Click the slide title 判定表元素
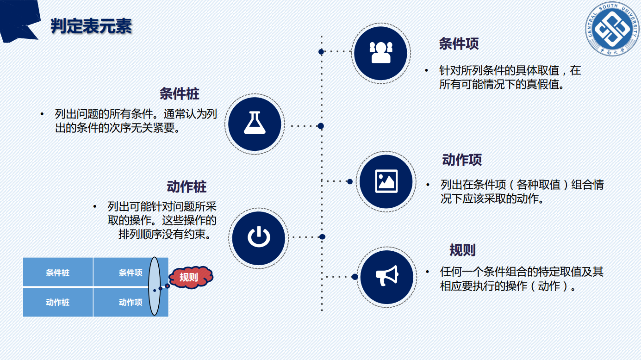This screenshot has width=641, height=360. click(x=91, y=26)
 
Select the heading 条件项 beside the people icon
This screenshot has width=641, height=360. click(x=459, y=44)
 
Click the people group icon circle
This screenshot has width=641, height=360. click(x=380, y=54)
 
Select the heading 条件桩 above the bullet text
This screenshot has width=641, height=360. click(x=179, y=94)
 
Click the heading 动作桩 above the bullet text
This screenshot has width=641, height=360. click(x=187, y=187)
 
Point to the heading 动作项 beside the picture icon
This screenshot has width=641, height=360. click(x=462, y=160)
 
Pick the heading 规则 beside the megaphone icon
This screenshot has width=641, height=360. click(x=462, y=250)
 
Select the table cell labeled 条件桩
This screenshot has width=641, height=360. click(x=58, y=273)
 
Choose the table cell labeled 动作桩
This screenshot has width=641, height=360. click(x=58, y=303)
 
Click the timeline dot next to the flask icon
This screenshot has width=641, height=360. click(x=321, y=126)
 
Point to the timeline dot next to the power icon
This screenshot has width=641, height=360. click(x=322, y=237)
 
